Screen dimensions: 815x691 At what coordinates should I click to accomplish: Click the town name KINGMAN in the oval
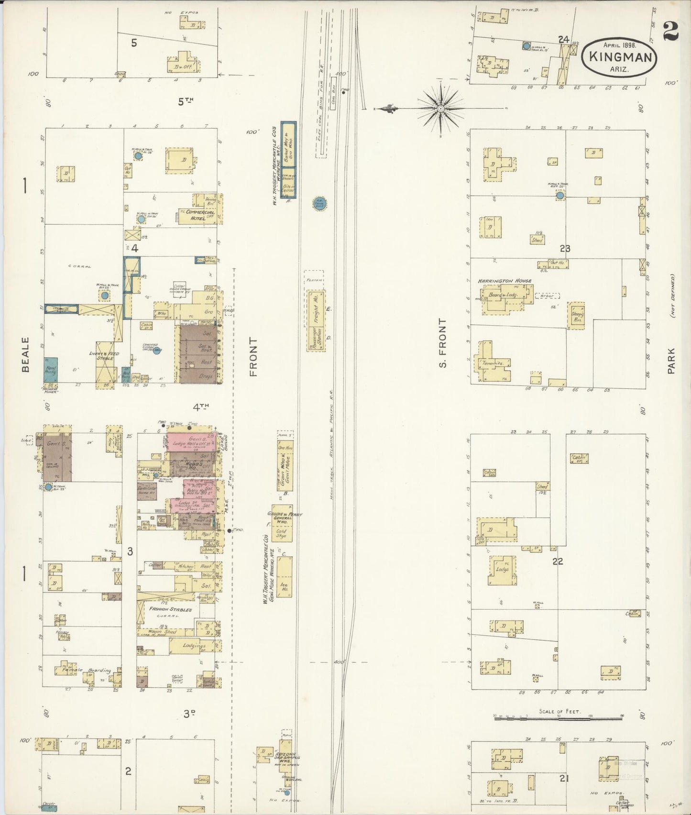point(620,57)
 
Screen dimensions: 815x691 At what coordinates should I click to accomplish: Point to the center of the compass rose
point(440,109)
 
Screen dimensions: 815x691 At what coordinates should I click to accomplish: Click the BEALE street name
point(25,354)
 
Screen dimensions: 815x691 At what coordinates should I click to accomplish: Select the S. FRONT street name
point(443,343)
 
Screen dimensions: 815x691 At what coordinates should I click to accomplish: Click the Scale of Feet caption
point(559,711)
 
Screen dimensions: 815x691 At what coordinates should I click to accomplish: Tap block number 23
point(565,248)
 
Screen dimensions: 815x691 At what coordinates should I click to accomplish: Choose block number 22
point(558,561)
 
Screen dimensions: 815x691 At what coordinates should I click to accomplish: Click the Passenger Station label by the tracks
point(315,339)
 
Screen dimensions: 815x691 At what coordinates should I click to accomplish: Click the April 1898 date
point(619,44)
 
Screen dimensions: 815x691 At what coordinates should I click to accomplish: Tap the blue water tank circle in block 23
point(559,195)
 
